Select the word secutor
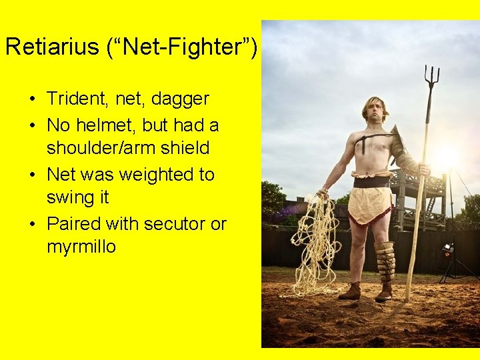pos(169,224)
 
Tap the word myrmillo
pos(81,247)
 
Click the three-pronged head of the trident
pos(431,77)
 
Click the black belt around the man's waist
pos(371,182)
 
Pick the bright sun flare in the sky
pos(445,157)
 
